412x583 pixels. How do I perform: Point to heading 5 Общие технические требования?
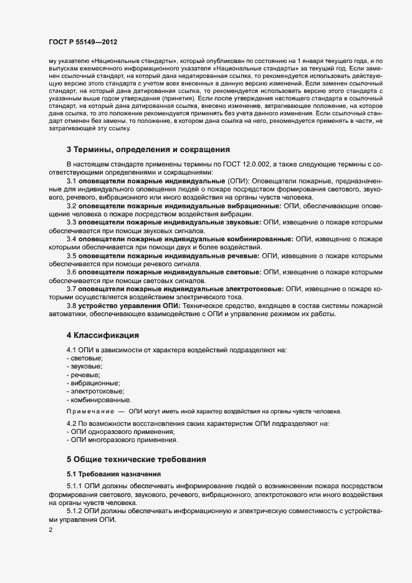(x=145, y=458)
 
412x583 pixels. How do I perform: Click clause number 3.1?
(x=71, y=181)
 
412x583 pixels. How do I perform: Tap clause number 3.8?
(x=71, y=306)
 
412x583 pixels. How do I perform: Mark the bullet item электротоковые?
(x=95, y=391)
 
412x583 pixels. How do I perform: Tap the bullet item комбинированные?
(x=100, y=399)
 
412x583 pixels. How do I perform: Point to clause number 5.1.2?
(x=75, y=512)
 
